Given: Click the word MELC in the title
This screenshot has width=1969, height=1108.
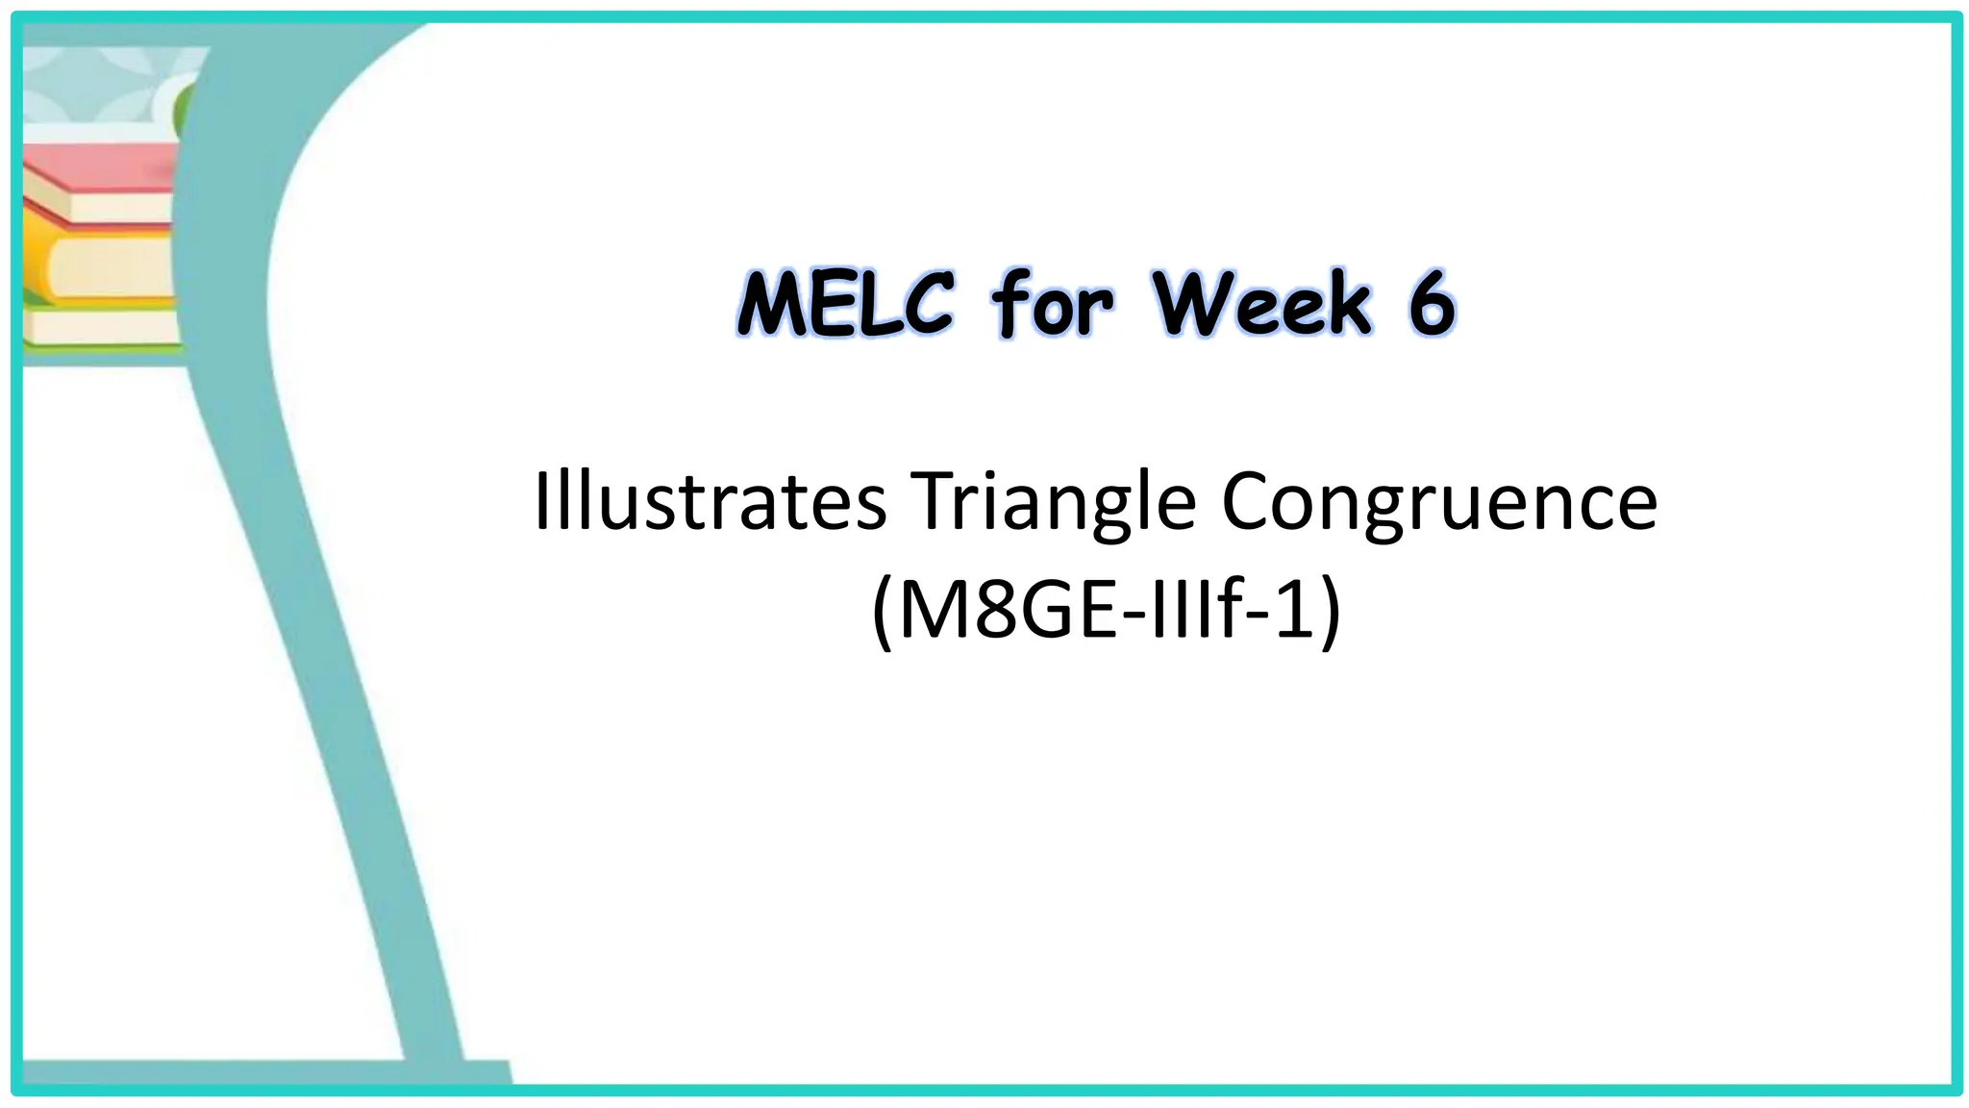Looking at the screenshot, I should (x=845, y=304).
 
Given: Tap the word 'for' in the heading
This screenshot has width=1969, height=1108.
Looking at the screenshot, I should (x=1052, y=304).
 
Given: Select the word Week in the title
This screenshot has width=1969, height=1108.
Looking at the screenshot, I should (x=1263, y=304).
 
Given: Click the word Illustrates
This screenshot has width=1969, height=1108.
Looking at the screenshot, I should (x=710, y=501).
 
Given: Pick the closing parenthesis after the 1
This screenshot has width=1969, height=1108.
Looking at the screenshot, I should (x=1330, y=615).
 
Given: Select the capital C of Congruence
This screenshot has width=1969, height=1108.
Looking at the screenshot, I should (x=1251, y=501).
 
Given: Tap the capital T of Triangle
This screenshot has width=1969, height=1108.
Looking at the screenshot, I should (x=937, y=501).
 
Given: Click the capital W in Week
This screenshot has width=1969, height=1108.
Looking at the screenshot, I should (x=1191, y=304).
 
